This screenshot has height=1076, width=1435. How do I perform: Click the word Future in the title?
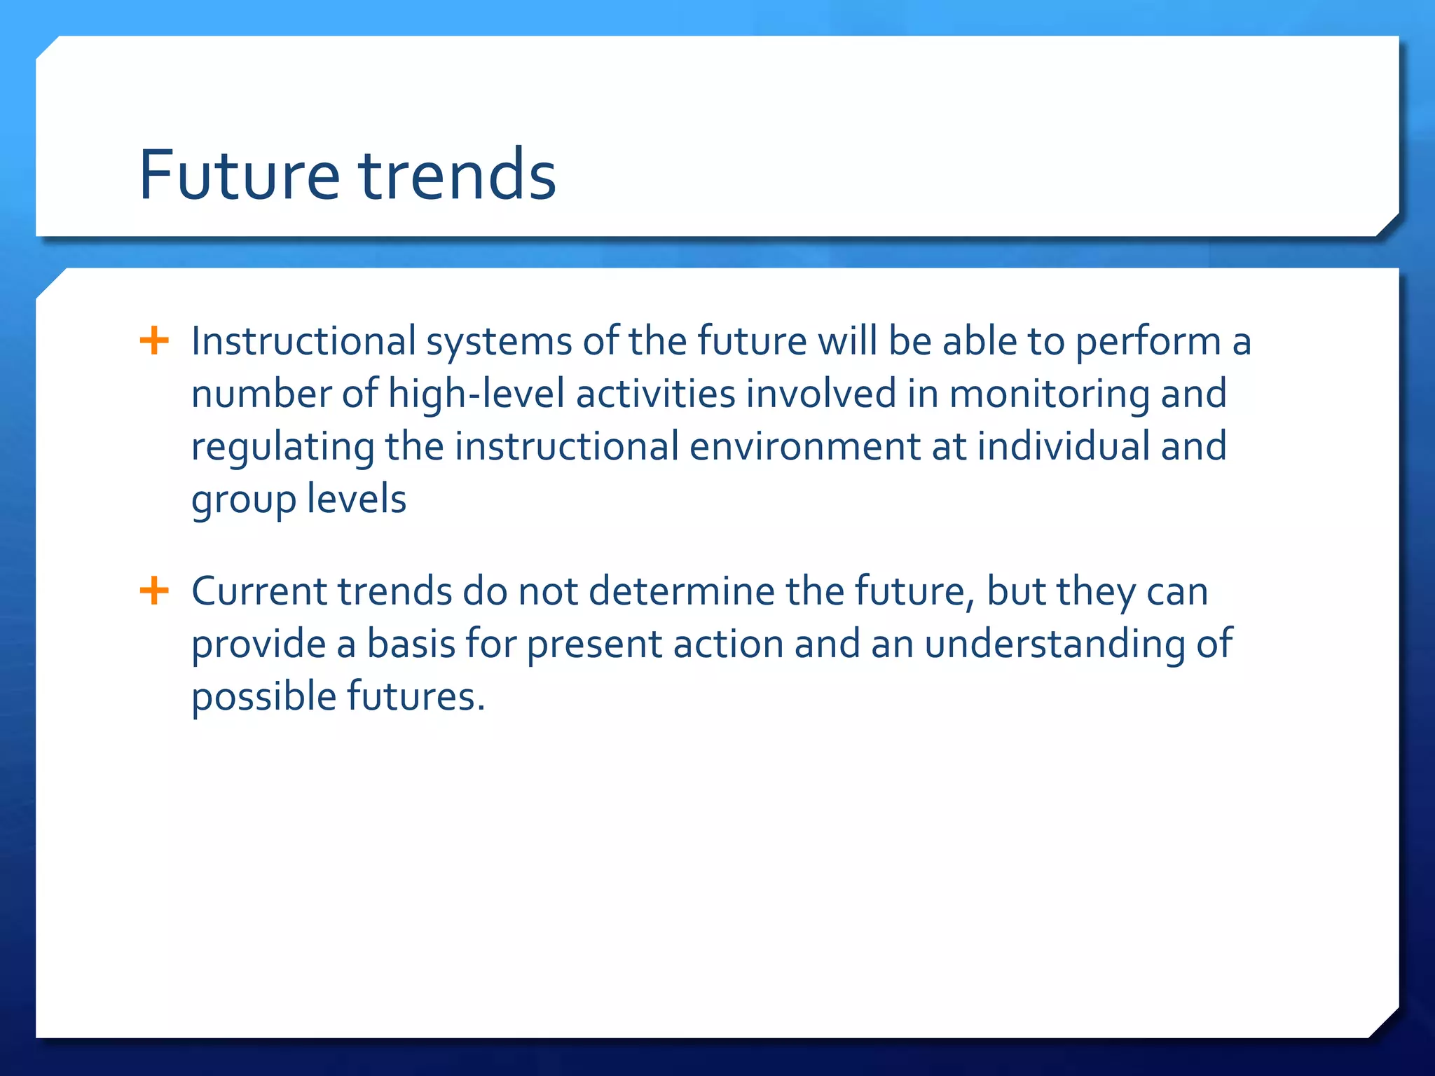239,175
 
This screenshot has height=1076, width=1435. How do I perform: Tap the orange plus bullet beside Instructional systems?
154,341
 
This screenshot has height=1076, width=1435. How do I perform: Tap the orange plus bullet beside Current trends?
154,591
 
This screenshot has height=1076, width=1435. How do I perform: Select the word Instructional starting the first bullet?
303,342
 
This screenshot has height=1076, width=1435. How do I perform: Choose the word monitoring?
1049,394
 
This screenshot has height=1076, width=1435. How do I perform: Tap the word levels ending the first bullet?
356,499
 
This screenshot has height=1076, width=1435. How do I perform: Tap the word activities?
655,394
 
